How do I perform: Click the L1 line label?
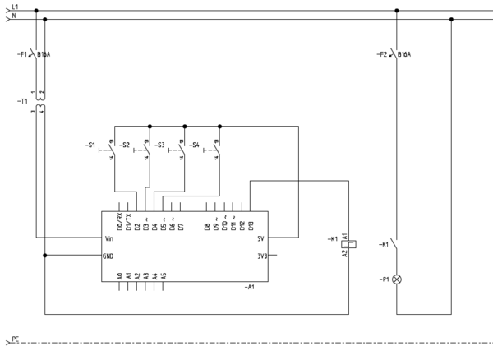click(15, 7)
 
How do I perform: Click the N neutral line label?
click(13, 16)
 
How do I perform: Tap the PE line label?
click(14, 339)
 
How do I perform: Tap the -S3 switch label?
click(159, 145)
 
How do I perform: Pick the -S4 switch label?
click(195, 145)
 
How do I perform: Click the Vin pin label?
click(111, 238)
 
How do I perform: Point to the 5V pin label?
click(260, 238)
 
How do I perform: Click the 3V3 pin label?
click(261, 256)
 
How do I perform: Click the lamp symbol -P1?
click(397, 279)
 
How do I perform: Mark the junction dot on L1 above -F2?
click(397, 11)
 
